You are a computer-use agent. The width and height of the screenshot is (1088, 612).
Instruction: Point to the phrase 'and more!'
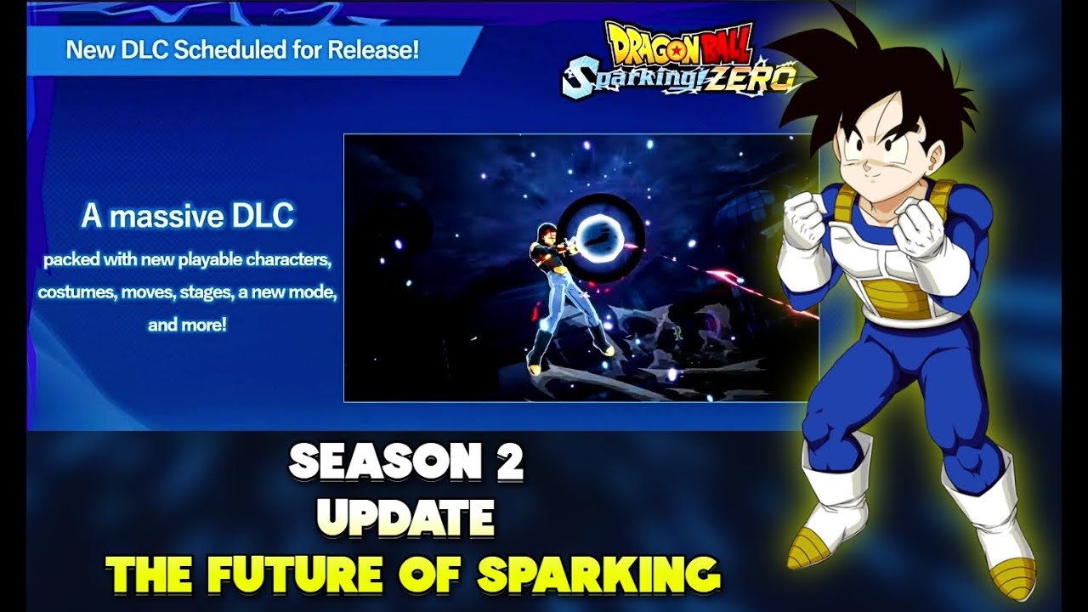187,325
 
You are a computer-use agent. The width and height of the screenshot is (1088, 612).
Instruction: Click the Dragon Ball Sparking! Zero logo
680,58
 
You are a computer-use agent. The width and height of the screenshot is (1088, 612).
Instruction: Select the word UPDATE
407,516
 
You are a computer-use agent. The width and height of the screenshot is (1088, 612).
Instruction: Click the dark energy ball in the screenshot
601,231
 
